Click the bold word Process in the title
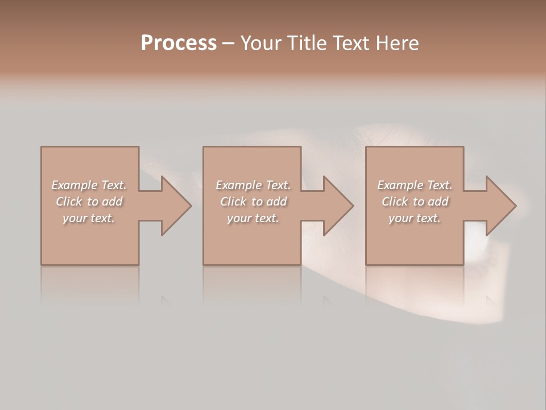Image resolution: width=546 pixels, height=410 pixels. (x=179, y=43)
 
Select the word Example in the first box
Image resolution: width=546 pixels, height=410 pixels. (x=75, y=185)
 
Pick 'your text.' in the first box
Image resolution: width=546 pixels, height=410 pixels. (x=89, y=218)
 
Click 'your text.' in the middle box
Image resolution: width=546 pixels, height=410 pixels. (x=253, y=218)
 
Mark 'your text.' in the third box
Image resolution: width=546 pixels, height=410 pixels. (x=415, y=218)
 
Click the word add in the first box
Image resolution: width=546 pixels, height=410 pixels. (x=113, y=202)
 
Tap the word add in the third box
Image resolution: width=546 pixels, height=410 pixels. (x=439, y=202)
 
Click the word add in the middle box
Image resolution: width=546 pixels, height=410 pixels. (x=277, y=202)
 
